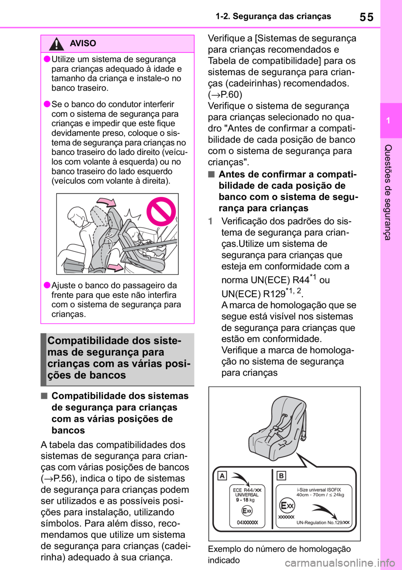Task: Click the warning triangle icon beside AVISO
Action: [57, 44]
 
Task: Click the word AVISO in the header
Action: [83, 44]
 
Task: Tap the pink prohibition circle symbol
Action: [160, 211]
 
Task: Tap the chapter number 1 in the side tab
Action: [388, 121]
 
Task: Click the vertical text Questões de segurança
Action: [388, 192]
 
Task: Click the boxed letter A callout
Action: [222, 476]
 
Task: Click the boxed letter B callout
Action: [281, 476]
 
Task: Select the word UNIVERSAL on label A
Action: [247, 495]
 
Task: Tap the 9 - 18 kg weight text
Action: [245, 500]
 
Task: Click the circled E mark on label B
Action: [287, 506]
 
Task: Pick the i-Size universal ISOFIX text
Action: [319, 490]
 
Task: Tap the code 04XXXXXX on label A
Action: [247, 523]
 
